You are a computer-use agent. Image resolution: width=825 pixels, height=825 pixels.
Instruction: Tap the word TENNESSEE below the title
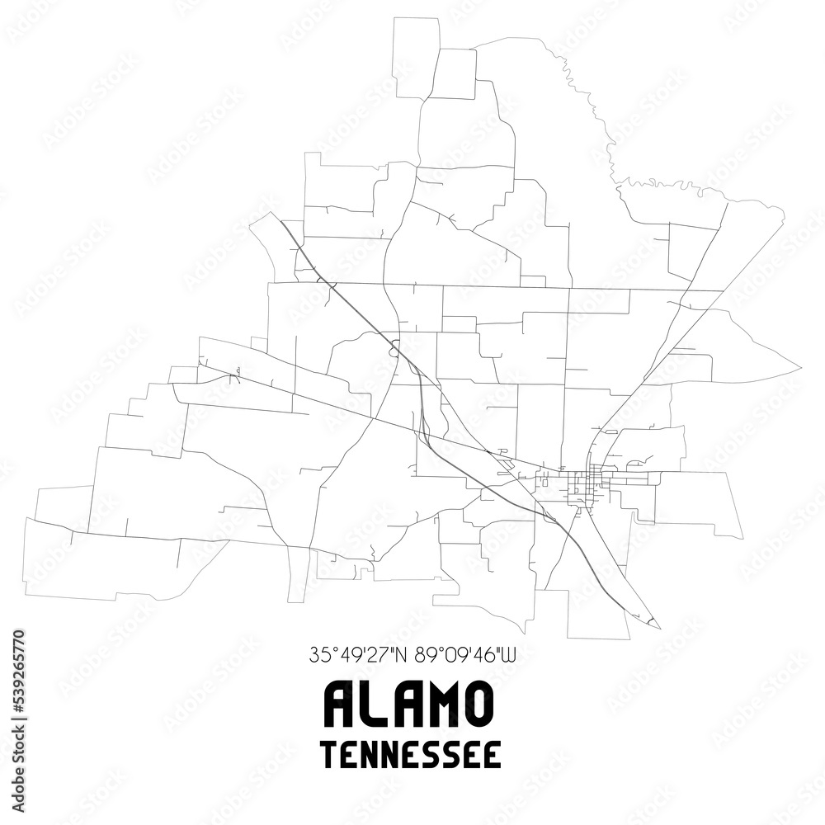411,755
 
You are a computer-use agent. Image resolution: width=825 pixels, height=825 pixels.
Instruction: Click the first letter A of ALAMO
340,704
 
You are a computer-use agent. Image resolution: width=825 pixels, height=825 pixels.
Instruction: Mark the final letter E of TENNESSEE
493,755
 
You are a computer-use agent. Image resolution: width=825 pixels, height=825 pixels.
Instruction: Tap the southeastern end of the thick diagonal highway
658,625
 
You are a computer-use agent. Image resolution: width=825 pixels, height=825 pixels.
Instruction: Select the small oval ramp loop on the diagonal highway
395,347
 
